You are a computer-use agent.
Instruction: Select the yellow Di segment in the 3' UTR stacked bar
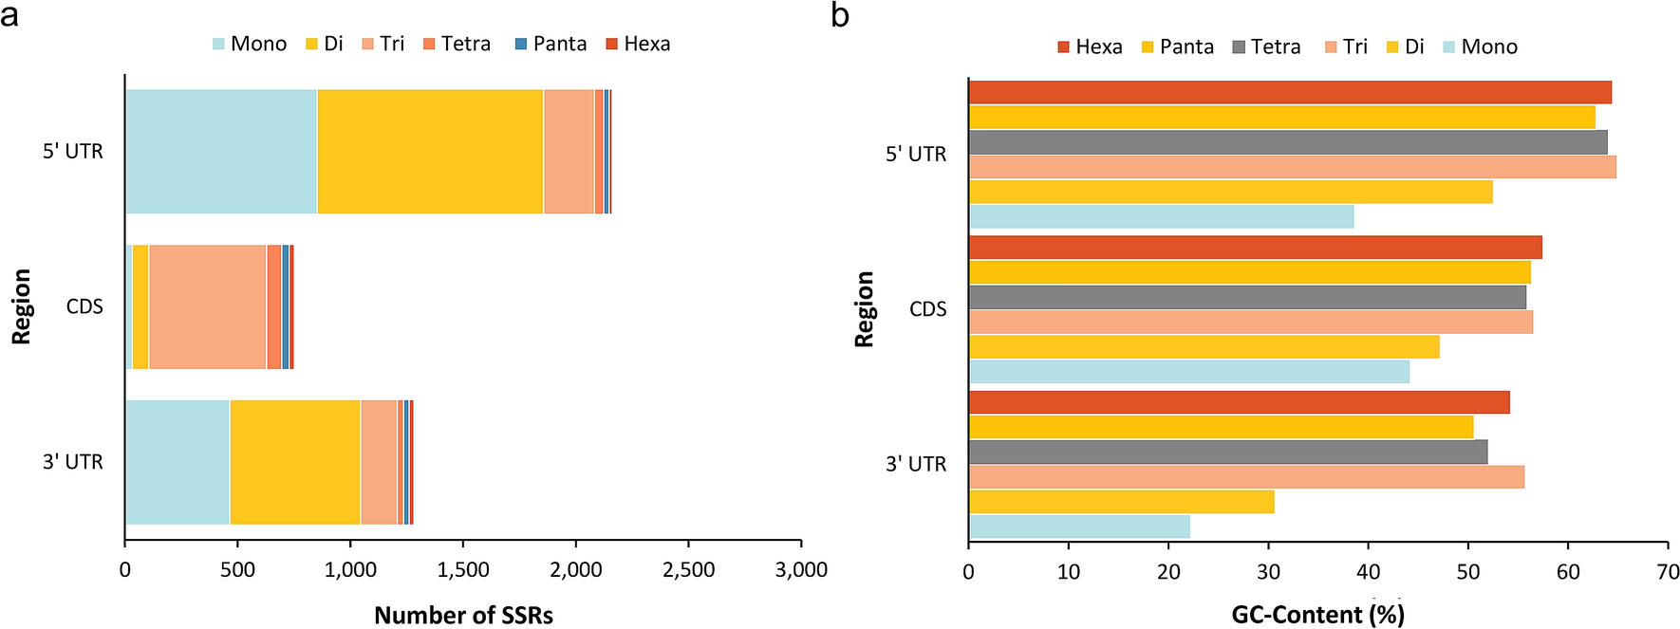coord(294,462)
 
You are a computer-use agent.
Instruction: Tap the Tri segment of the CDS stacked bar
coord(207,306)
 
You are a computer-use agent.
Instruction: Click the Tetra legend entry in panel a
coord(457,44)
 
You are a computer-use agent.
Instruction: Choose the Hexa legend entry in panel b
coord(1090,46)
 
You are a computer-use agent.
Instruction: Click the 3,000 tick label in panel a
coord(801,569)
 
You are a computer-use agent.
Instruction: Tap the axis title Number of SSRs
coord(463,615)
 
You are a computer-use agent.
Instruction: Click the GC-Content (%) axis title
coord(1317,615)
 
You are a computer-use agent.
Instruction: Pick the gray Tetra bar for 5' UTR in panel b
coord(1287,142)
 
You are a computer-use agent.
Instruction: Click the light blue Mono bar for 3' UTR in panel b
coord(1078,527)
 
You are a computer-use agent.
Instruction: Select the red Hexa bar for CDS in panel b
coord(1255,248)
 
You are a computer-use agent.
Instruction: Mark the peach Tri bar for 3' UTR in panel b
coord(1245,477)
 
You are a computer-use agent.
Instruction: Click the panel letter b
coord(839,15)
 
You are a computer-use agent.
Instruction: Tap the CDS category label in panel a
coord(84,306)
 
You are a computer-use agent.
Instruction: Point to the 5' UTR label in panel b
coord(916,154)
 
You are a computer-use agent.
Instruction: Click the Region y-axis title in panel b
coord(864,308)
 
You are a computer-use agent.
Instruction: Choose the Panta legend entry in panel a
coord(551,44)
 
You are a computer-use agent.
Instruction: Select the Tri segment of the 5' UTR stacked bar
coord(569,152)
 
